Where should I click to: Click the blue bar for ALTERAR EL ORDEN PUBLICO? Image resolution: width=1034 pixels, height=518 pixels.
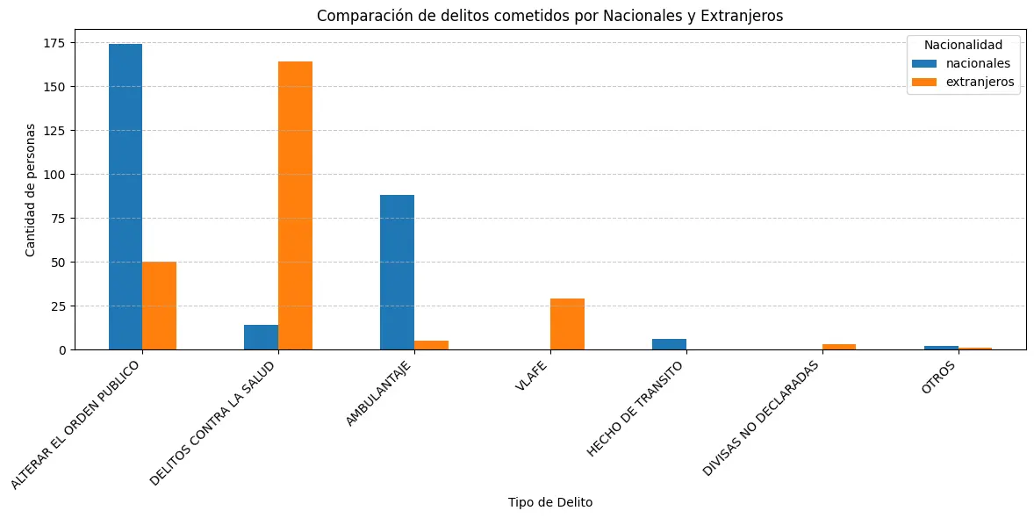pyautogui.click(x=126, y=197)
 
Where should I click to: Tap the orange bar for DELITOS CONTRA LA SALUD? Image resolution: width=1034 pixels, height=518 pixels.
pyautogui.click(x=295, y=205)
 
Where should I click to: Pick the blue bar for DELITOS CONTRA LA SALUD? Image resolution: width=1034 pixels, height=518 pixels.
pyautogui.click(x=262, y=337)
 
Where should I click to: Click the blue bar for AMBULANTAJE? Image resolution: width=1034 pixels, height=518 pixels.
pyautogui.click(x=397, y=272)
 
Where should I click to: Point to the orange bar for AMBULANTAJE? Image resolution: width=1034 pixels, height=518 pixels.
pyautogui.click(x=431, y=345)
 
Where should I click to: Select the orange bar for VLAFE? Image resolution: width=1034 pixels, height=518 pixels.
pyautogui.click(x=567, y=324)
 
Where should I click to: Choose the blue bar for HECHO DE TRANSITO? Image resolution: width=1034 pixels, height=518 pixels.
pyautogui.click(x=669, y=344)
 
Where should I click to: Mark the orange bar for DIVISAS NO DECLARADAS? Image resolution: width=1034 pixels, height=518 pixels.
pyautogui.click(x=839, y=347)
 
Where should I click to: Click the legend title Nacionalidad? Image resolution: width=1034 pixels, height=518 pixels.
pyautogui.click(x=963, y=45)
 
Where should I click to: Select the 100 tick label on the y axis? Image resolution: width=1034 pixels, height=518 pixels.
pyautogui.click(x=55, y=175)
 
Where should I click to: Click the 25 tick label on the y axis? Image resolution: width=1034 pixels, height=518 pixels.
pyautogui.click(x=59, y=306)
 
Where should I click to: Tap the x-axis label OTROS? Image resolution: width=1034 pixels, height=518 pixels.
pyautogui.click(x=939, y=378)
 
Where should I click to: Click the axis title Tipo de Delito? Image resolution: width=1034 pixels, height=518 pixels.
pyautogui.click(x=549, y=502)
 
